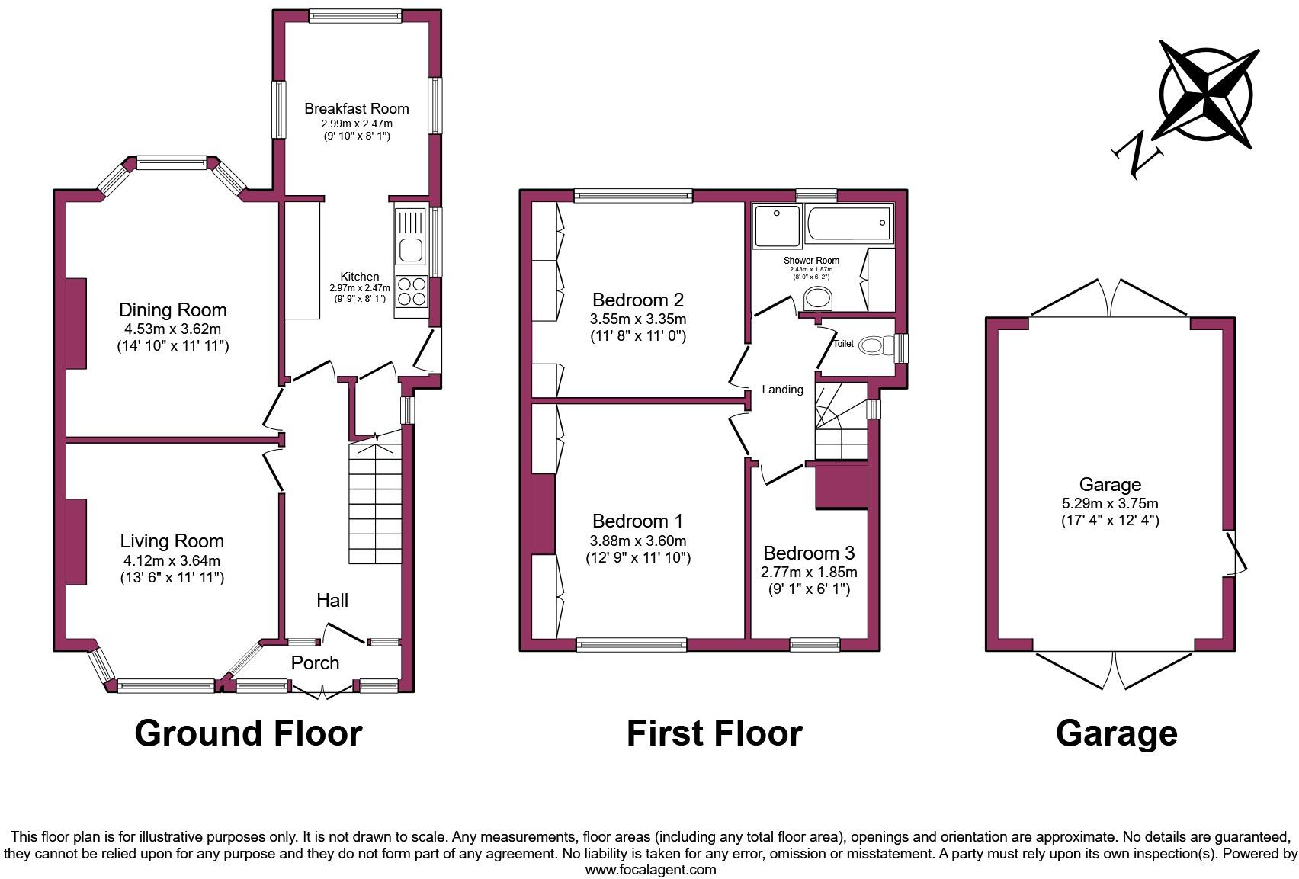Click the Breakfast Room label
357,108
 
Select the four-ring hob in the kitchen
412,291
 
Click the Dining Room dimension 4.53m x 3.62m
173,329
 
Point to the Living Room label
172,541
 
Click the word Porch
315,662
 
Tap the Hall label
332,600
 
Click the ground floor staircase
375,503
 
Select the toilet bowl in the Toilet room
872,346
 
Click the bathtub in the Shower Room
848,223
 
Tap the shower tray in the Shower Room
777,226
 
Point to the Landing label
783,390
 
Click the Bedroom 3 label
809,553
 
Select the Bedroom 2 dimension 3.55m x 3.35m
638,319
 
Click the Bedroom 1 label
637,521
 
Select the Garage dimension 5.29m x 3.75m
1110,503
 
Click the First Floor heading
714,733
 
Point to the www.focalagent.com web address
650,869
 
